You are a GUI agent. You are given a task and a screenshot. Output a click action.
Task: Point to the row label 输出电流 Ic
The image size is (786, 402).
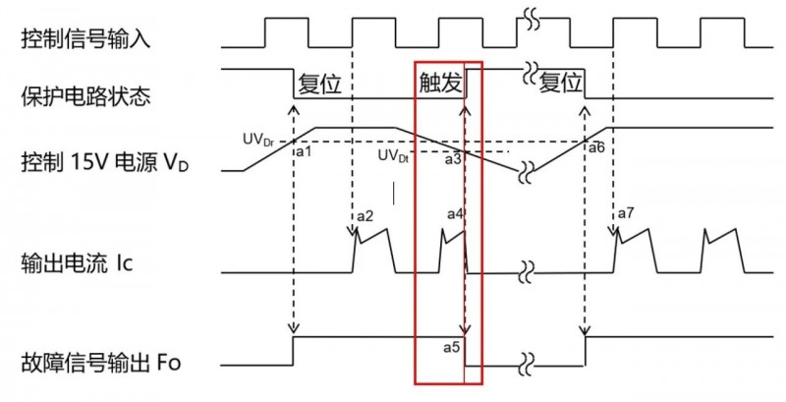tap(76, 264)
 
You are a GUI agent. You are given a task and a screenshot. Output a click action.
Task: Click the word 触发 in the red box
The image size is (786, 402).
tap(440, 85)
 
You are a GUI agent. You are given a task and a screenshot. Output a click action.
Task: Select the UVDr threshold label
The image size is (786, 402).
tap(258, 142)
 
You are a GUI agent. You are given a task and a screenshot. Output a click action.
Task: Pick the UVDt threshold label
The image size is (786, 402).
tap(394, 155)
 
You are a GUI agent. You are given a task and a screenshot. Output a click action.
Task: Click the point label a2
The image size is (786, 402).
tap(365, 215)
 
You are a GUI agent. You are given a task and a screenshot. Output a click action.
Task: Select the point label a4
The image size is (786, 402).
tap(456, 214)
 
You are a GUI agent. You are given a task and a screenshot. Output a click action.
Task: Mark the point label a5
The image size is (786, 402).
tap(453, 346)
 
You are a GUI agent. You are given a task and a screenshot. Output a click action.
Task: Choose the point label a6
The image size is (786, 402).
tap(595, 147)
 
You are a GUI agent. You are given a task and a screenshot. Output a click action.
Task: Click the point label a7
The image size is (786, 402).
tap(626, 214)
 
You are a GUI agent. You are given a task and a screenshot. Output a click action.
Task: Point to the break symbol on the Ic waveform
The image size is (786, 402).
tap(532, 271)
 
